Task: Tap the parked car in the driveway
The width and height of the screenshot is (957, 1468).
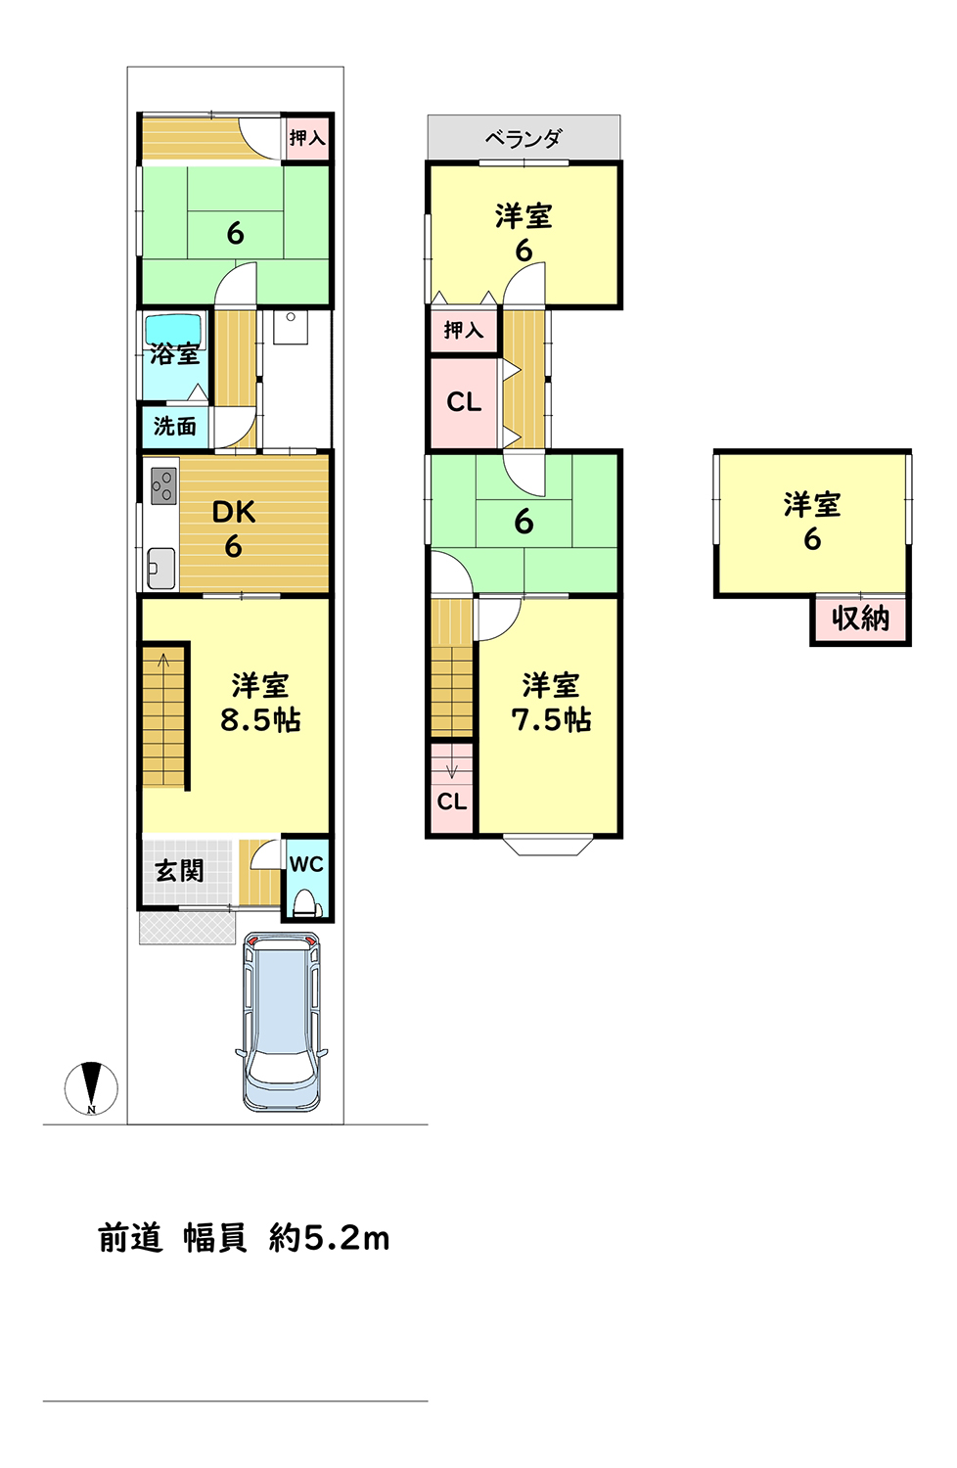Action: tap(281, 1023)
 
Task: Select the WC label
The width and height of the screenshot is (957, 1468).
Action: tap(306, 864)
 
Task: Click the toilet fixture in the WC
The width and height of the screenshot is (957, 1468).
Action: tap(306, 903)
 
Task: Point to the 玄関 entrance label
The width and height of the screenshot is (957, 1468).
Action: tap(180, 871)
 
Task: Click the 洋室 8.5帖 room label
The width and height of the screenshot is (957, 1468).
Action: tap(260, 703)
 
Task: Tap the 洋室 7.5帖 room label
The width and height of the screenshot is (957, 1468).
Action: tap(551, 703)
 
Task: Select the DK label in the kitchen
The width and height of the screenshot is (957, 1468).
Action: tap(233, 513)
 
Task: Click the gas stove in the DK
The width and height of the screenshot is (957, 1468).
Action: tap(163, 485)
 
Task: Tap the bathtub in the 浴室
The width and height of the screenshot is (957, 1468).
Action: tap(174, 332)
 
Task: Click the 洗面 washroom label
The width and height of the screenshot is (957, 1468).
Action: tap(175, 427)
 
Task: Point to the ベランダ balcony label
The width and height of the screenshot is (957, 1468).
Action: tap(524, 138)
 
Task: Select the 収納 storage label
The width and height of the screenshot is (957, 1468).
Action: tap(860, 618)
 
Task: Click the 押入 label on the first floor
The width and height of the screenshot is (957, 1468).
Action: tap(307, 138)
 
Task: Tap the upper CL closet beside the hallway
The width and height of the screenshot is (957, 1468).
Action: tap(464, 401)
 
